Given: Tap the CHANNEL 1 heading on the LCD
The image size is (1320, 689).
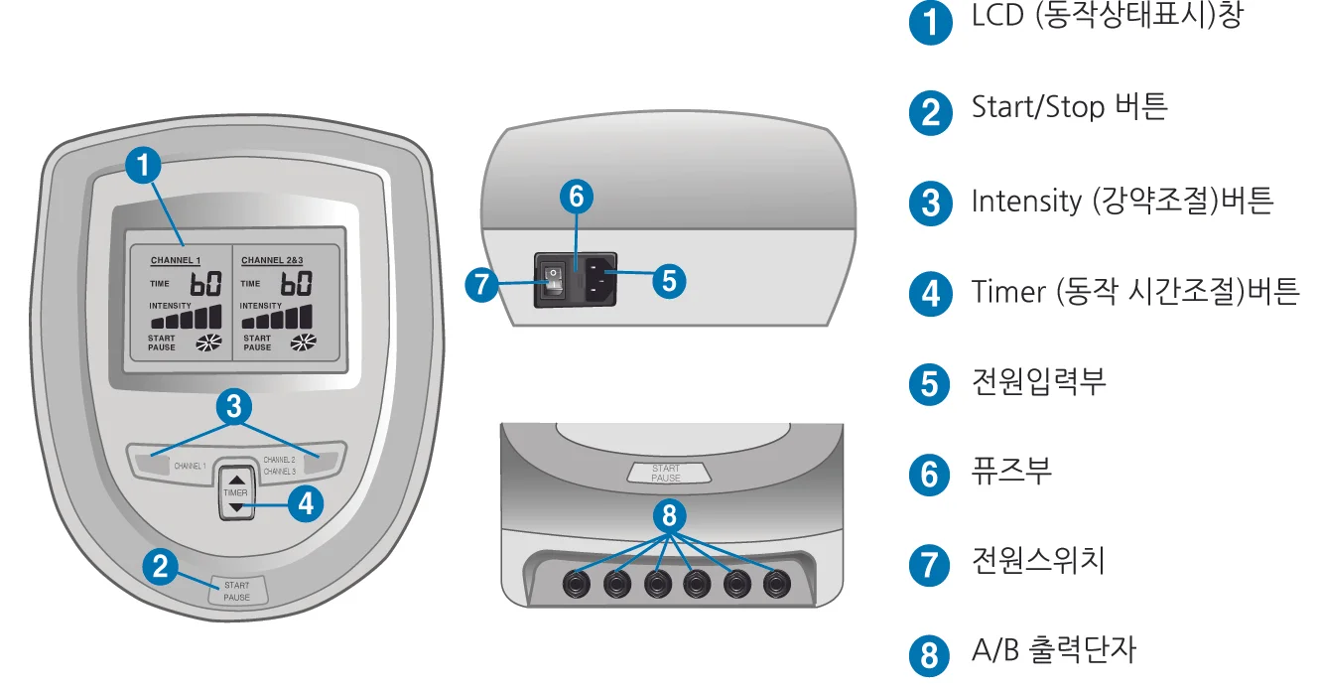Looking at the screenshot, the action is point(176,261).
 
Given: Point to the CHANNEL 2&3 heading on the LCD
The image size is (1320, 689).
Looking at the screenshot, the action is point(274,261).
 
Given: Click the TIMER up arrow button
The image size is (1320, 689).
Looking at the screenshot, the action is point(235,478).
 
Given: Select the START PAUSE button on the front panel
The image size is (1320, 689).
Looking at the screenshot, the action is point(237,591).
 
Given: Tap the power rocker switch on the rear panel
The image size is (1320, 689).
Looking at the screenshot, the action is point(553,280).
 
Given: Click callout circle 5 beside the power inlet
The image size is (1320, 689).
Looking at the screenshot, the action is point(668,281).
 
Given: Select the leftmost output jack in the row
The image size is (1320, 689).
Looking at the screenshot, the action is point(578,584).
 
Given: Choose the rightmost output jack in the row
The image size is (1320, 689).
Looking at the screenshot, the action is point(775,584).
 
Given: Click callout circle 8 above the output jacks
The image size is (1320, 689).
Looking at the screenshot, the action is point(669,515).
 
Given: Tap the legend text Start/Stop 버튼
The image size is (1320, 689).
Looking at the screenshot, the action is point(1069,106).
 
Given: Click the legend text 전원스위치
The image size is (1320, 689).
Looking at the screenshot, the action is point(1038,560).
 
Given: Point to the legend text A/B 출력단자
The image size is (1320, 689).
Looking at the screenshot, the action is point(1053,650).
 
